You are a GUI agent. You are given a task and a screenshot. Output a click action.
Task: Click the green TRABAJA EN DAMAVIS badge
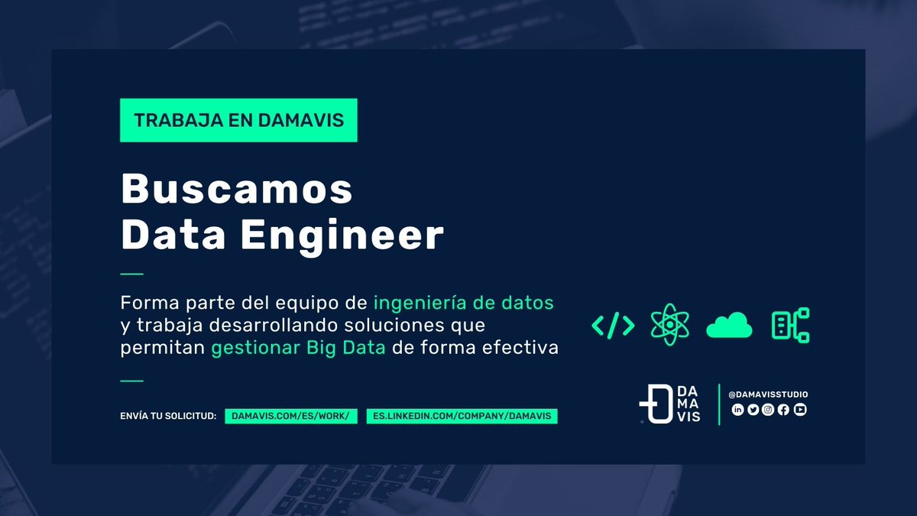tap(238, 121)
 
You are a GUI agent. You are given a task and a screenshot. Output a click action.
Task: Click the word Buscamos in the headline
tap(237, 189)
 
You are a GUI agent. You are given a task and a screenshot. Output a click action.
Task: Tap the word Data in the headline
tap(173, 235)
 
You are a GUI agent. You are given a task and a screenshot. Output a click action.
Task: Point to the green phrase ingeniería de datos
tap(463, 302)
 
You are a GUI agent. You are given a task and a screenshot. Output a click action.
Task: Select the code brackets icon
tap(613, 326)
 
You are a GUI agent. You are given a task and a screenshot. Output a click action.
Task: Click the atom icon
tap(669, 325)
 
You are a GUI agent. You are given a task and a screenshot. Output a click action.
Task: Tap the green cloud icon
tap(729, 326)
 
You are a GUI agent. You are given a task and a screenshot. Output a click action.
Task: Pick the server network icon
tap(790, 325)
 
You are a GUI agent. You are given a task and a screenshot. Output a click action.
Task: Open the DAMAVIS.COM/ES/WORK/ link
tap(291, 416)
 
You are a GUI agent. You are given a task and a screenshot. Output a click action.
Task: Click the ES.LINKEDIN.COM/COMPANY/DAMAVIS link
tap(462, 416)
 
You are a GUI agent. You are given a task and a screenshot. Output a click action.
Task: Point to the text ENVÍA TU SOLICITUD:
tap(168, 416)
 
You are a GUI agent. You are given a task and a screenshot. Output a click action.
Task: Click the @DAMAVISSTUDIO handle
tap(768, 394)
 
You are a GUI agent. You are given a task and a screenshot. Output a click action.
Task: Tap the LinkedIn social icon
tap(737, 410)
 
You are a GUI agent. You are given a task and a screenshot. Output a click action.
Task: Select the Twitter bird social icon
tap(753, 410)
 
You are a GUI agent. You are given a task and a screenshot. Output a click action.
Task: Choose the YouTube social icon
tap(800, 410)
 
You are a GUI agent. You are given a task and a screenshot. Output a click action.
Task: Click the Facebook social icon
tap(784, 410)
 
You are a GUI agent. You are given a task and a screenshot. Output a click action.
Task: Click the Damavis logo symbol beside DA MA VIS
tap(655, 404)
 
